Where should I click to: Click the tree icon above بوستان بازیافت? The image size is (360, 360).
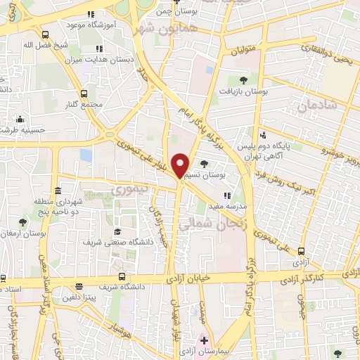point(243,80)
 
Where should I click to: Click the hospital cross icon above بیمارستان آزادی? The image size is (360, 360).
point(204,340)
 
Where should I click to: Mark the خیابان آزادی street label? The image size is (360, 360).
point(188,279)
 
